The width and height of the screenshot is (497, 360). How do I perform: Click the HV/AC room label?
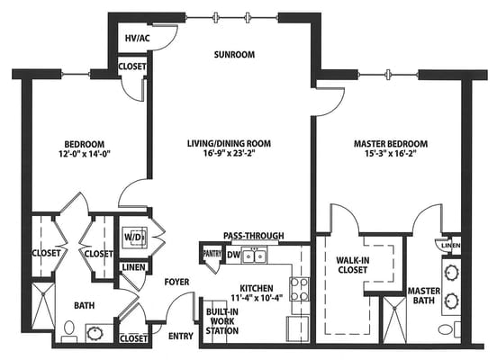pos(137,39)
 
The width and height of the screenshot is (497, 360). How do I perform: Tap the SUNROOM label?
pos(234,55)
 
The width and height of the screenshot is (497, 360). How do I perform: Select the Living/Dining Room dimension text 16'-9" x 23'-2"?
pos(230,153)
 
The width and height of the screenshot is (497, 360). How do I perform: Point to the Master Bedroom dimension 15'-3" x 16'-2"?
pos(391,154)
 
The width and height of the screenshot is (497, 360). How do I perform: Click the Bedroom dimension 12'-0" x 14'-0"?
pos(85,154)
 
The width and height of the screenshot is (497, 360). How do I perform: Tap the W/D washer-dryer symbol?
pos(134,237)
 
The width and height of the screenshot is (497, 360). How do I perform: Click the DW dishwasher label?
pos(233,255)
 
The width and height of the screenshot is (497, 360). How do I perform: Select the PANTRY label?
pos(212,254)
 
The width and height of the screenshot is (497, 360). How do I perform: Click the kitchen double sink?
pos(254,256)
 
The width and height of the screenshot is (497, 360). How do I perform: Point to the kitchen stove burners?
pos(299,289)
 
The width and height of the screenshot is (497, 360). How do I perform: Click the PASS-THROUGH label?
pos(254,236)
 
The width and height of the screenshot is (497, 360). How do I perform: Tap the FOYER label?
pos(176,282)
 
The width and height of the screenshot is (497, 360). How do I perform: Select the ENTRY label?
pos(181,336)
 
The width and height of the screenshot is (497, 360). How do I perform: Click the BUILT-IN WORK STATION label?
pos(222,321)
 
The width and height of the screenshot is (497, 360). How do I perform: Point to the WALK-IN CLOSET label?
pos(352,265)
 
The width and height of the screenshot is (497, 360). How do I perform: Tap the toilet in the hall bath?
pos(68,331)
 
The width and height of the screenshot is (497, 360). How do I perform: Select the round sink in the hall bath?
pos(95,333)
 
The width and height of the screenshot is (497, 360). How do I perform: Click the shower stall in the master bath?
pos(394,319)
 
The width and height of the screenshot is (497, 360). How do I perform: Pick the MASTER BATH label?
pos(424,296)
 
